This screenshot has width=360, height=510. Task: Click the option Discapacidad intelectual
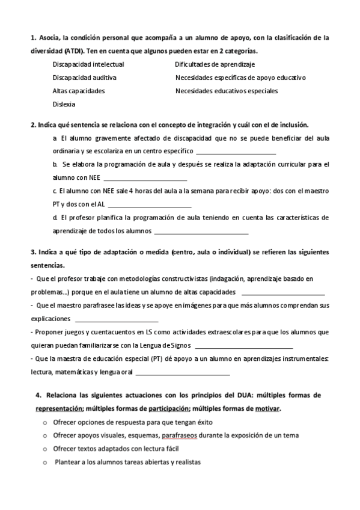(x=88, y=64)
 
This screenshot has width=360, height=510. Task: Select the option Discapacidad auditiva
(x=84, y=78)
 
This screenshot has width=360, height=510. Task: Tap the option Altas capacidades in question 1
(x=79, y=91)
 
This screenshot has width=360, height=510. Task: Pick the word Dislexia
(x=64, y=105)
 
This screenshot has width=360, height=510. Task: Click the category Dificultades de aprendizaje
(x=215, y=64)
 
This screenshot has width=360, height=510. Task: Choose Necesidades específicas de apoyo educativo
(x=240, y=78)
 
